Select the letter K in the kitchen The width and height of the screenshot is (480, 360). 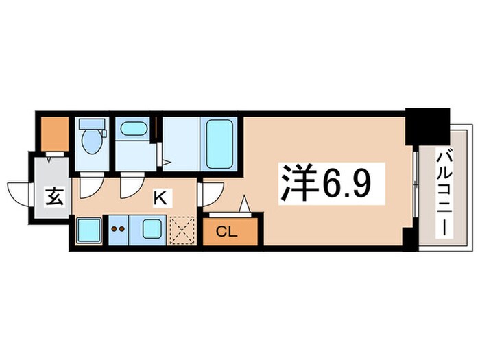160,199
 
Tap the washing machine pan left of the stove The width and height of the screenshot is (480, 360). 88,229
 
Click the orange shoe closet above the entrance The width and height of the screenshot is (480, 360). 53,134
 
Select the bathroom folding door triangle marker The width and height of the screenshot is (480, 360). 165,162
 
